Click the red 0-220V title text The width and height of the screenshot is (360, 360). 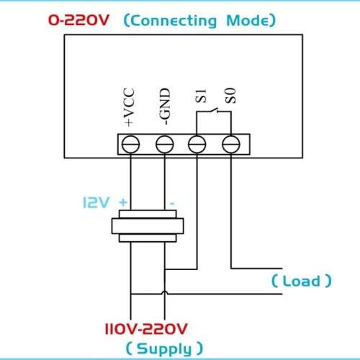tap(78, 20)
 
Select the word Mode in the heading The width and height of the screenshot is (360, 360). tap(248, 20)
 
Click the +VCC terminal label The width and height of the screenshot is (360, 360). tap(129, 107)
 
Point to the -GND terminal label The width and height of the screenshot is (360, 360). tap(165, 107)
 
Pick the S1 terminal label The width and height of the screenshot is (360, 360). tap(200, 96)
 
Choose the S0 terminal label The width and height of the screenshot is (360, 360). tap(230, 96)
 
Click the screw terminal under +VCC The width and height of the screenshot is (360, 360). tap(130, 144)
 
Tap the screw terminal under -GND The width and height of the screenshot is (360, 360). tap(165, 144)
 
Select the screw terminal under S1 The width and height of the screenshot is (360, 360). tap(197, 144)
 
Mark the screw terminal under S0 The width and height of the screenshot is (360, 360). tap(231, 144)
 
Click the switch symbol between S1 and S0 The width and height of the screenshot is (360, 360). tap(214, 110)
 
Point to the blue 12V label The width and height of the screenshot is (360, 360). tap(96, 202)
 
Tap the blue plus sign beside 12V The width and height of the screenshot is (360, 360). tap(123, 202)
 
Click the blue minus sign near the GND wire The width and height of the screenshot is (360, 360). tap(172, 204)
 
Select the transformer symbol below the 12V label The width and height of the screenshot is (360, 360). tap(148, 226)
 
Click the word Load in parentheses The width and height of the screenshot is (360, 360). tap(301, 281)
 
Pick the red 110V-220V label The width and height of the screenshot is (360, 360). tap(146, 329)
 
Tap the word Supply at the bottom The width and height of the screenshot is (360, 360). tap(164, 349)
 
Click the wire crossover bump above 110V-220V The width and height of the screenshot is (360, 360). tap(165, 292)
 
